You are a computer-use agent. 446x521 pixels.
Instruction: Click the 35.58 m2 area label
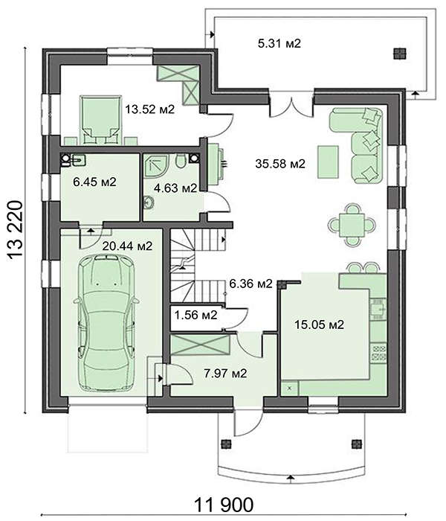click(280, 164)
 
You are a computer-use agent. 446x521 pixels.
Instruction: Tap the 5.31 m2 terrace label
click(279, 44)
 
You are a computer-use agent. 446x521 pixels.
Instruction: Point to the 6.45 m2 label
click(87, 181)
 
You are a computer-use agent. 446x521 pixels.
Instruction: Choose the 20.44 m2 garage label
click(127, 245)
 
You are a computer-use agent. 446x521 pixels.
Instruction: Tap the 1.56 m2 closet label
click(195, 315)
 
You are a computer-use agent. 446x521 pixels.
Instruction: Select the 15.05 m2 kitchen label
click(320, 325)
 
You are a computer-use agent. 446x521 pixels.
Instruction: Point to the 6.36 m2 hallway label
click(251, 284)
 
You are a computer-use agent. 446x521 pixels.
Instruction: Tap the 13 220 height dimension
click(16, 231)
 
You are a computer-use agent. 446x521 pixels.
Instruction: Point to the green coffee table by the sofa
click(328, 158)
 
